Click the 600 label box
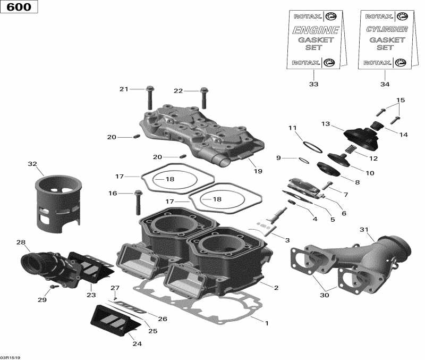coord(20,7)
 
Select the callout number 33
coord(313,85)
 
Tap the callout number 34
coord(385,85)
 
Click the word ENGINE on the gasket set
coord(316,30)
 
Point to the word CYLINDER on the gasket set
coord(387,29)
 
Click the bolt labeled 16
coord(139,200)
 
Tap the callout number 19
coord(258,171)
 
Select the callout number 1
coord(267,322)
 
